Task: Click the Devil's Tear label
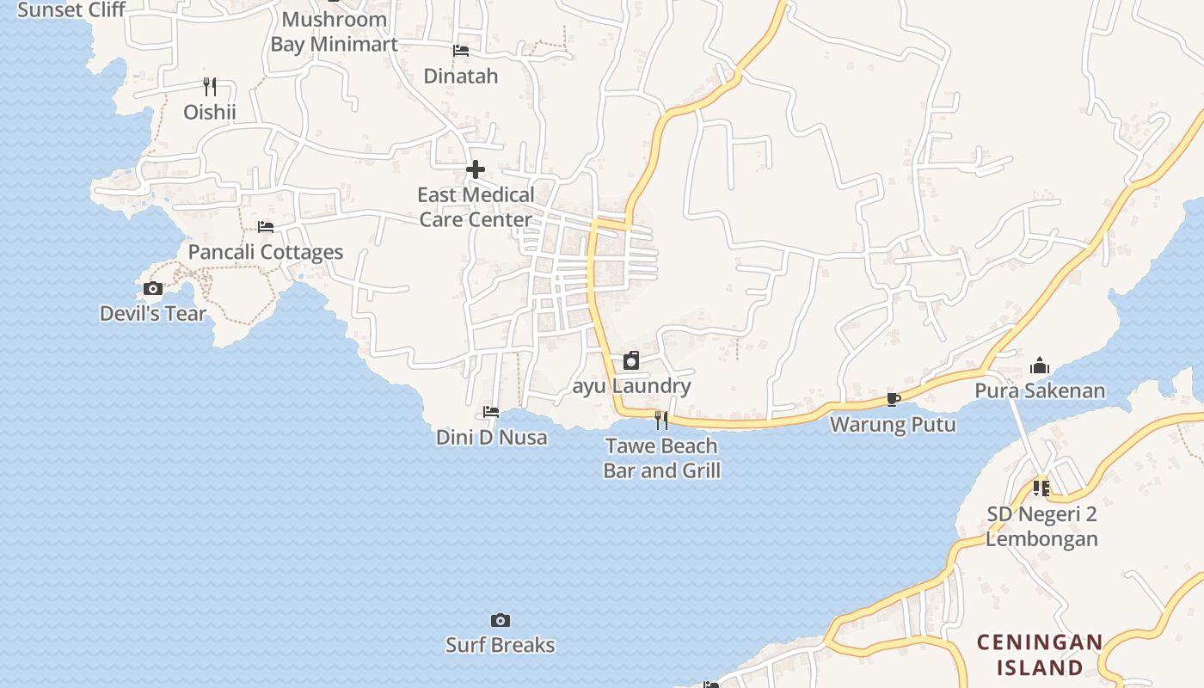pyautogui.click(x=153, y=313)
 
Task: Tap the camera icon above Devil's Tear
pyautogui.click(x=153, y=289)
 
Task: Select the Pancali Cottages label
pyautogui.click(x=265, y=252)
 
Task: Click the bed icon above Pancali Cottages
pyautogui.click(x=266, y=227)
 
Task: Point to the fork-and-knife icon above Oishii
pyautogui.click(x=210, y=86)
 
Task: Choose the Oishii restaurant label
pyautogui.click(x=210, y=112)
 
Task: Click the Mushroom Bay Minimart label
pyautogui.click(x=334, y=32)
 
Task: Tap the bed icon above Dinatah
pyautogui.click(x=461, y=51)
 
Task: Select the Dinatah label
pyautogui.click(x=461, y=76)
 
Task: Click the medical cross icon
pyautogui.click(x=475, y=169)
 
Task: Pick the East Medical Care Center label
pyautogui.click(x=476, y=207)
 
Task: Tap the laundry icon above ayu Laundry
pyautogui.click(x=631, y=360)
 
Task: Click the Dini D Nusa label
pyautogui.click(x=491, y=437)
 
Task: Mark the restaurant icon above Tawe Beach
pyautogui.click(x=661, y=420)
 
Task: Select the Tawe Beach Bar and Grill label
pyautogui.click(x=661, y=458)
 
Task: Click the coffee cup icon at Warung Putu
pyautogui.click(x=893, y=399)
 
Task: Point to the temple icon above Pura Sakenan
pyautogui.click(x=1040, y=366)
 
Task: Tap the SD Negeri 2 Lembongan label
pyautogui.click(x=1041, y=526)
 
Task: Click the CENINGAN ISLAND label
pyautogui.click(x=1040, y=654)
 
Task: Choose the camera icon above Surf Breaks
pyautogui.click(x=500, y=620)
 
